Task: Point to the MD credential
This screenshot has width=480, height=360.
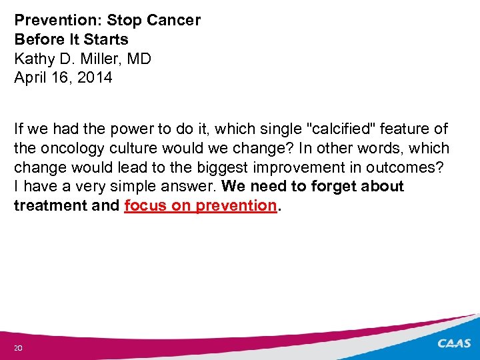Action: [139, 59]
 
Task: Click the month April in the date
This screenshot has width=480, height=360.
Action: [30, 78]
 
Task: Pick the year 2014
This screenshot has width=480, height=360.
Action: [95, 78]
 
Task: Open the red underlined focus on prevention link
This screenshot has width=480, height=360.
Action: [200, 206]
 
